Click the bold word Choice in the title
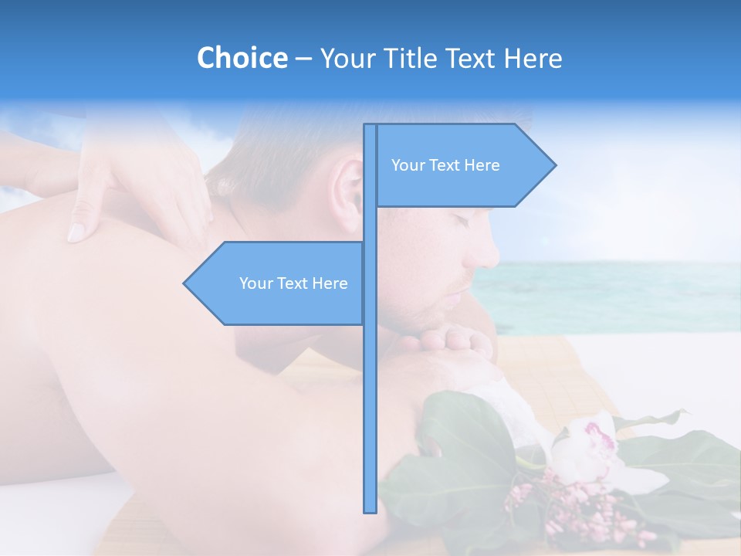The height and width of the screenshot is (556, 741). coord(242,58)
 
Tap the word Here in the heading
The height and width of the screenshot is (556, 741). coord(533,58)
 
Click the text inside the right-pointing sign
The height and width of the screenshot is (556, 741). coord(445,165)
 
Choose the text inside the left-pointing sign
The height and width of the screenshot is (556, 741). coord(293,283)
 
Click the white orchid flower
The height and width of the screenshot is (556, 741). coord(587,452)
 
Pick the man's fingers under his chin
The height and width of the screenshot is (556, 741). coord(448,340)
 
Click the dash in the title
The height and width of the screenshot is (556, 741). coord(303,59)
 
